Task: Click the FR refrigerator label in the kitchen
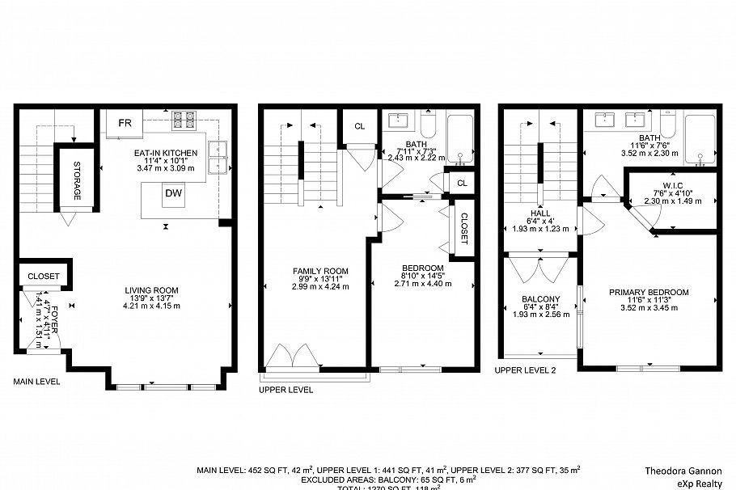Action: [x=125, y=124]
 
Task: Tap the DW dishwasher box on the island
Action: [x=173, y=193]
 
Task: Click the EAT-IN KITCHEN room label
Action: [x=166, y=151]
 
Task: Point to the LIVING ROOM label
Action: [x=151, y=290]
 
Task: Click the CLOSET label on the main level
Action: [x=44, y=277]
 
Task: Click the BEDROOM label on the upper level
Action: [x=423, y=268]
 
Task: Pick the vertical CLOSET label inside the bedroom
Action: [x=463, y=229]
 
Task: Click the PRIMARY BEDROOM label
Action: [x=649, y=292]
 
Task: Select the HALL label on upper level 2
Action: [x=537, y=212]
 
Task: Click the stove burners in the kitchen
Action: [x=184, y=120]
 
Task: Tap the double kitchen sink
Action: [x=216, y=156]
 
